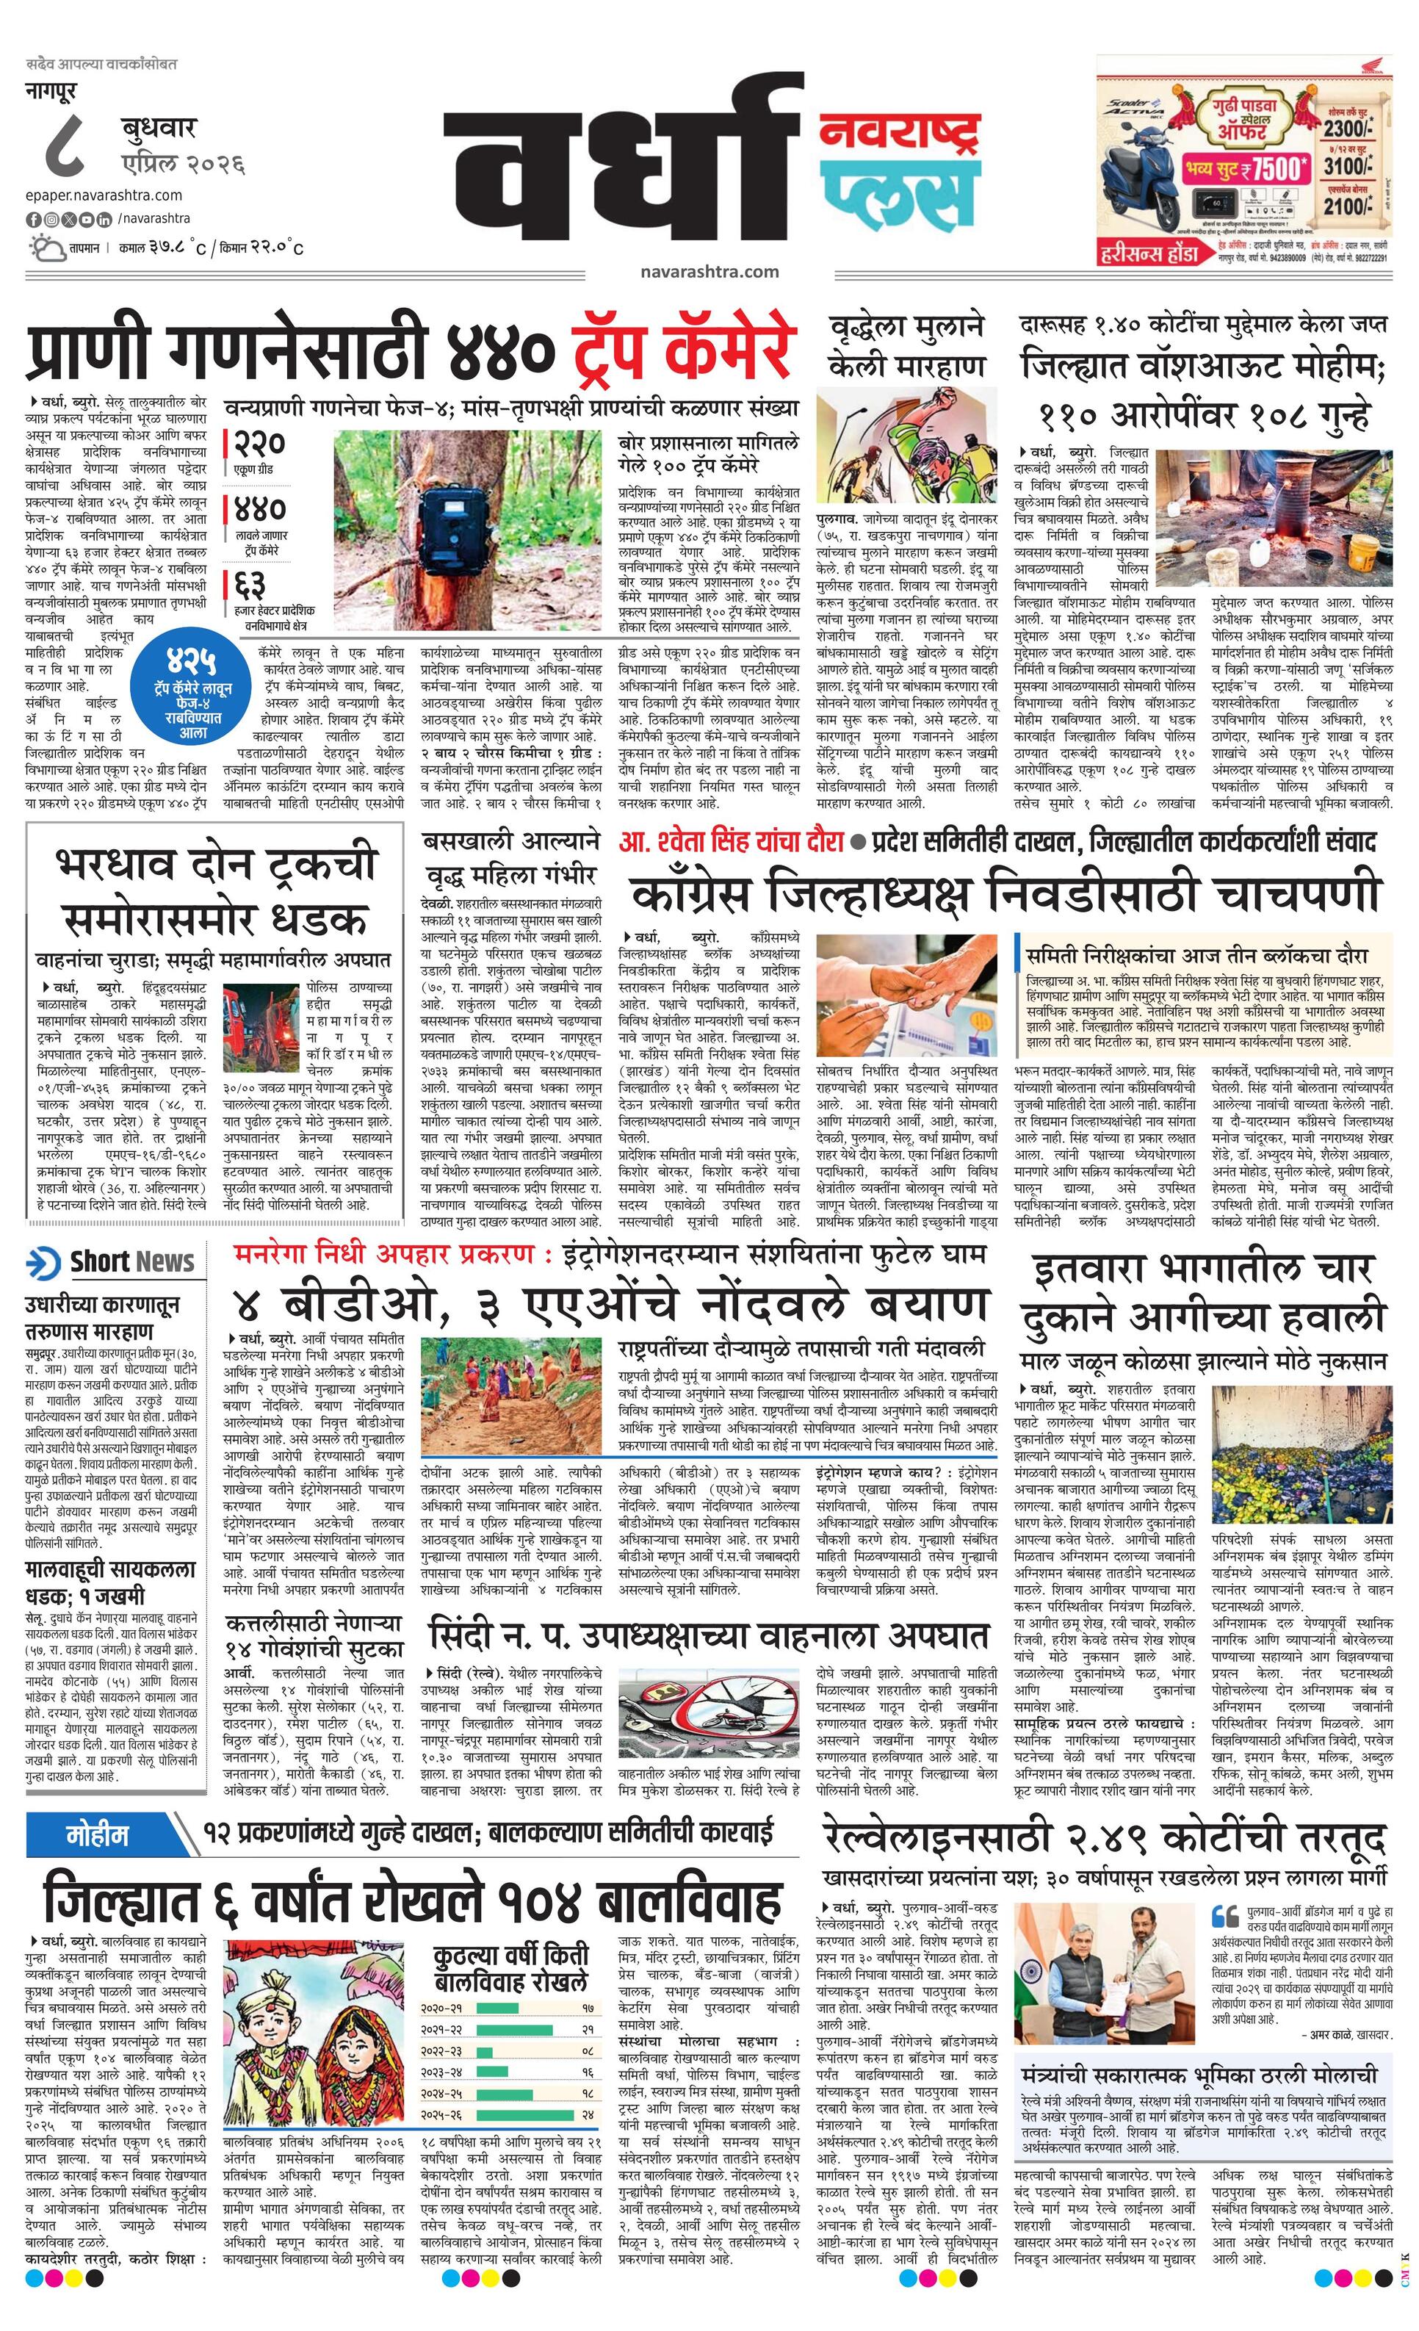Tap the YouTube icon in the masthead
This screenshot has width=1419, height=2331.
tap(87, 220)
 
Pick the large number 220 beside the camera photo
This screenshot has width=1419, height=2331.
tap(259, 444)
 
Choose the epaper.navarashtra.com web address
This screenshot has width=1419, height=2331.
tap(104, 195)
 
